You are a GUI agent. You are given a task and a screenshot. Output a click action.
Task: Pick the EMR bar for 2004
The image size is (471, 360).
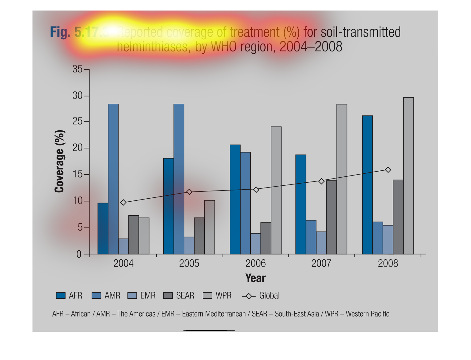(x=123, y=246)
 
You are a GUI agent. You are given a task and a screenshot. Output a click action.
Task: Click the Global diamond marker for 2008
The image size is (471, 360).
(x=388, y=170)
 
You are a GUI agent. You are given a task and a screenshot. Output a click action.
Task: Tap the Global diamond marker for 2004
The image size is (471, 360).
(x=123, y=203)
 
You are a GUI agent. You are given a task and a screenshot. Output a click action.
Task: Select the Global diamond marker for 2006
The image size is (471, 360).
(x=256, y=190)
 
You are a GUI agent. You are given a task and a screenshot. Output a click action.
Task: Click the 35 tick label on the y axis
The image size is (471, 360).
(x=77, y=69)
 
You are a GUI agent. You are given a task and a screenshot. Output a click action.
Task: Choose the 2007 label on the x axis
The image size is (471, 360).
(x=321, y=264)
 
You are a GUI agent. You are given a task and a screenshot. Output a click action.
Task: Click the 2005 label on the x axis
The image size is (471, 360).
(x=189, y=264)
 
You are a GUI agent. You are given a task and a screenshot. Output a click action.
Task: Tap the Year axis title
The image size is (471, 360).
(x=255, y=278)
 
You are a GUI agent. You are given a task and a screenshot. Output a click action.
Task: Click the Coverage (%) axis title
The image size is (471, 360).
(x=60, y=161)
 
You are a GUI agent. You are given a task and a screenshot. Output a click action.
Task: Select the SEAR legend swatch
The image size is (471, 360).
(x=168, y=296)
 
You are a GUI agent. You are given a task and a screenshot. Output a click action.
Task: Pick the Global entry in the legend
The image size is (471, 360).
(x=269, y=296)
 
